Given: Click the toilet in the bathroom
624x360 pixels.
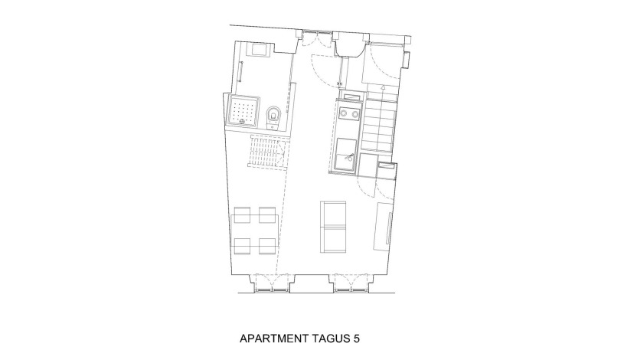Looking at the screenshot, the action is click(273, 117).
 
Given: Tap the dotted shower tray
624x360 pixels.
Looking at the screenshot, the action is click(243, 110).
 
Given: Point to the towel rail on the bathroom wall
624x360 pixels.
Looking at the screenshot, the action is click(240, 72).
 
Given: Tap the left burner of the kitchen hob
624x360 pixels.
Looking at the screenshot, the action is click(343, 114).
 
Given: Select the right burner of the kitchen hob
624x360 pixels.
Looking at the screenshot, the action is click(354, 114).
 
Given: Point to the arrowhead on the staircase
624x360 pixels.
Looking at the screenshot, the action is click(382, 87).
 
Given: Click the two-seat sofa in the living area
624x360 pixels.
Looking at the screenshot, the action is click(333, 227).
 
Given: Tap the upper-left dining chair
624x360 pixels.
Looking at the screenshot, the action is click(243, 214).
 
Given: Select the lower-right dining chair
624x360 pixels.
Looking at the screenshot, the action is click(267, 246).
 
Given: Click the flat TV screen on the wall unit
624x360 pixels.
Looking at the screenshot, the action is click(388, 227).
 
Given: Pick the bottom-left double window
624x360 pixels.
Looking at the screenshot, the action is click(272, 283).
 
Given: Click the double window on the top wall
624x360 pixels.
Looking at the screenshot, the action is click(316, 37).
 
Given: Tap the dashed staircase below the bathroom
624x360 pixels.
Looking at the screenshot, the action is click(267, 152).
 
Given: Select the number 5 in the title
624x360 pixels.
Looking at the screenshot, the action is click(356, 339).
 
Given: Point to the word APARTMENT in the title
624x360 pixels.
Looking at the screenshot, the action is click(275, 339).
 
